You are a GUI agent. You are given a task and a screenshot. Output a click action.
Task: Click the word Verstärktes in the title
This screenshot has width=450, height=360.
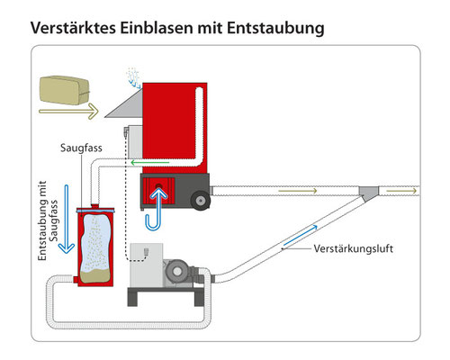click(73, 28)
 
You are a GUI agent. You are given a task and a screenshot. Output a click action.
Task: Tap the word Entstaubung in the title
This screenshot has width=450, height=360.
click(275, 29)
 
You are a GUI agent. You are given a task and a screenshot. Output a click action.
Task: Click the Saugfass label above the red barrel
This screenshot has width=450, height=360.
click(81, 148)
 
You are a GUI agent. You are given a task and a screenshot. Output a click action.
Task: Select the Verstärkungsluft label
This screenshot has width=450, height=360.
click(354, 248)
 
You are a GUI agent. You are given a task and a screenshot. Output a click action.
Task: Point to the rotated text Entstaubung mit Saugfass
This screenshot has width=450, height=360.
click(48, 220)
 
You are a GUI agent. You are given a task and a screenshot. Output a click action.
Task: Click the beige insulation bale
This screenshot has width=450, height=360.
click(64, 90)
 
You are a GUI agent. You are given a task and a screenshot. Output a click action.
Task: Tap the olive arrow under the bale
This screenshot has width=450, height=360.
click(68, 112)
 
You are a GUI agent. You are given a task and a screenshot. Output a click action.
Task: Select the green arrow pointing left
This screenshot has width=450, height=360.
click(150, 163)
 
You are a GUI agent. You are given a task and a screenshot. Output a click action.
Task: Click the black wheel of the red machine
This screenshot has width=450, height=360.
click(200, 200)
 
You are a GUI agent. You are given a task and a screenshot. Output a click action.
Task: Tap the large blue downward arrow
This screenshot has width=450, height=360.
click(67, 220)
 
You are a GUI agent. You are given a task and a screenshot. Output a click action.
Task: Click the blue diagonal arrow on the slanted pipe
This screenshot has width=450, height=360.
click(301, 236)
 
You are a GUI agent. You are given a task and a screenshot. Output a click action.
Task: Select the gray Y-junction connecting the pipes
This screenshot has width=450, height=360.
click(369, 193)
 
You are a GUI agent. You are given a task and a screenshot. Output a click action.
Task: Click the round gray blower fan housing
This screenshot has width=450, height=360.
click(177, 272)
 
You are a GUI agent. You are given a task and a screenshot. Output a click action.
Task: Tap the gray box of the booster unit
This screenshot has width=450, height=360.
click(147, 265)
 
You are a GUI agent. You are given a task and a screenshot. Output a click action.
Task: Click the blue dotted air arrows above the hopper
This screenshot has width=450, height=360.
click(133, 78)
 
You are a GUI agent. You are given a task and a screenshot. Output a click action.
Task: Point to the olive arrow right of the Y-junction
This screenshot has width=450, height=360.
click(401, 191)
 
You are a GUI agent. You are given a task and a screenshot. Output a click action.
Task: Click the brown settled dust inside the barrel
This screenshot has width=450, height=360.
click(95, 276)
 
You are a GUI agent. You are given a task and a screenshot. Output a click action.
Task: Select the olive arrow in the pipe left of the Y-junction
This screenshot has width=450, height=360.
click(298, 191)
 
